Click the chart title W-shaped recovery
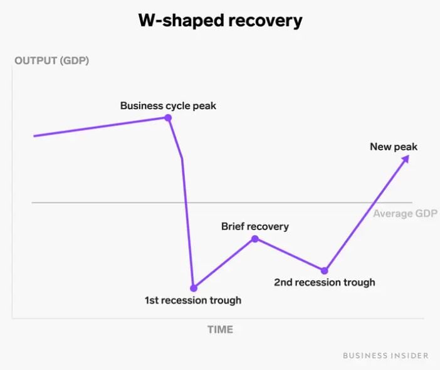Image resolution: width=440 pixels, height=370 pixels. click(220, 20)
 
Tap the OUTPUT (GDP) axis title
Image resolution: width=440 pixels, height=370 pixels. click(51, 61)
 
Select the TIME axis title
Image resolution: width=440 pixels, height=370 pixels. click(220, 329)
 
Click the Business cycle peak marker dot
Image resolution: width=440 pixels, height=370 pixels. click(168, 117)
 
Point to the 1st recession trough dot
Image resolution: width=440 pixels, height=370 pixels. click(194, 288)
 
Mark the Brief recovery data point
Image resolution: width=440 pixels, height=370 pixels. click(255, 239)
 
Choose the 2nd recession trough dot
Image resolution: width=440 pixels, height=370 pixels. click(324, 270)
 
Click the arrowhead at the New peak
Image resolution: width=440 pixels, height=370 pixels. click(406, 159)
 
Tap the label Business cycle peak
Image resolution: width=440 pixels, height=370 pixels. click(168, 105)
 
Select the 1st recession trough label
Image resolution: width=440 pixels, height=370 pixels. click(193, 300)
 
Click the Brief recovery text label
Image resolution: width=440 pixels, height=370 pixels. click(255, 226)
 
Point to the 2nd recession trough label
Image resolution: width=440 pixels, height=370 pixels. click(325, 282)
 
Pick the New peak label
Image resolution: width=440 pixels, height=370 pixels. click(394, 147)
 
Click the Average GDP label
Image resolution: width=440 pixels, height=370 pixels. click(405, 214)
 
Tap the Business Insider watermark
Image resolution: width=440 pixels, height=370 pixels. click(386, 355)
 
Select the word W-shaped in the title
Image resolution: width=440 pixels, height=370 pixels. click(176, 20)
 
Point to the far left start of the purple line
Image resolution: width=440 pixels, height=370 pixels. click(34, 135)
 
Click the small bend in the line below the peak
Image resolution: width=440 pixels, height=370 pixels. click(182, 159)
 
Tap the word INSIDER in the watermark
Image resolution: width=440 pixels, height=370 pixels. click(410, 355)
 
